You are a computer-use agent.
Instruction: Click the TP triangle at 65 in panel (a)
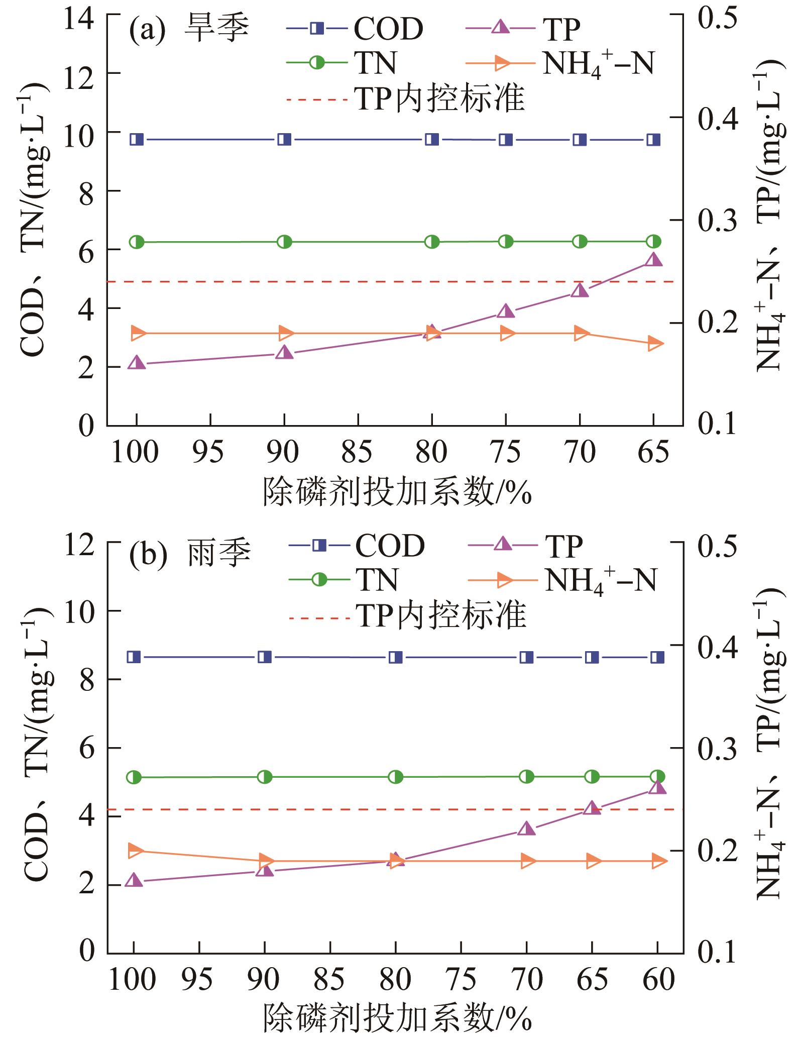point(653,260)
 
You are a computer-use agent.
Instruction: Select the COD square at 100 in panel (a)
point(137,139)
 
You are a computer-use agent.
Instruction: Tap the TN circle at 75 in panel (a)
point(506,242)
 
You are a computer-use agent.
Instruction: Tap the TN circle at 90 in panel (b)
point(265,777)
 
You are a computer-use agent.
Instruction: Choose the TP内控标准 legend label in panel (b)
point(441,615)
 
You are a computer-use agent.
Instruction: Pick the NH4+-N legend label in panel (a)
point(598,64)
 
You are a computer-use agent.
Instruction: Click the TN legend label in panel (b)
point(377,580)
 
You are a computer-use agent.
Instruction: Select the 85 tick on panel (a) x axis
point(358,452)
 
